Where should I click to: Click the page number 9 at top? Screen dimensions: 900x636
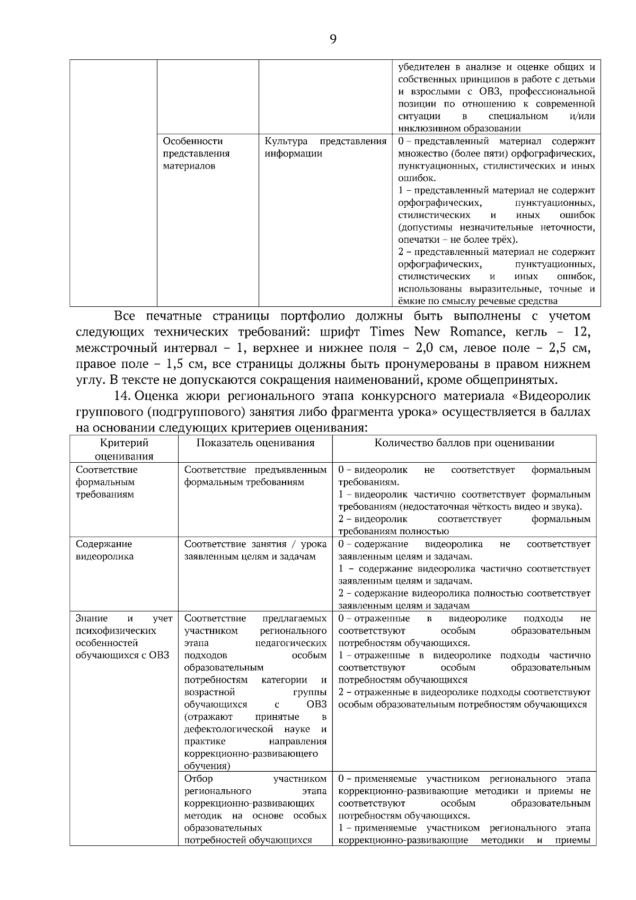pyautogui.click(x=332, y=39)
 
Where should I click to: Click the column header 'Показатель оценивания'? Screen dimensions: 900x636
pyautogui.click(x=255, y=443)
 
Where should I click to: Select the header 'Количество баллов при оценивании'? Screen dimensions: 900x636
pyautogui.click(x=464, y=443)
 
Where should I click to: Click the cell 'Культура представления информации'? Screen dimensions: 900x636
pyautogui.click(x=325, y=148)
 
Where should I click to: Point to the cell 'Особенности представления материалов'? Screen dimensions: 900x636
pyautogui.click(x=196, y=154)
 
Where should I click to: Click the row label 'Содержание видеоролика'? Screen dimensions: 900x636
pyautogui.click(x=104, y=550)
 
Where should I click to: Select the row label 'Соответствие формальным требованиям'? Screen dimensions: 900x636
pyautogui.click(x=106, y=482)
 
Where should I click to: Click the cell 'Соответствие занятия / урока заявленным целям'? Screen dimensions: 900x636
pyautogui.click(x=255, y=550)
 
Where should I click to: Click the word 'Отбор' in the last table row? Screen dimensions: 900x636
pyautogui.click(x=198, y=779)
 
